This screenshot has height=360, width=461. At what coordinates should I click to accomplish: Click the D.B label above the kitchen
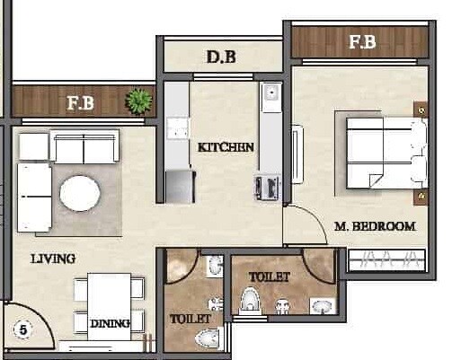[221, 58]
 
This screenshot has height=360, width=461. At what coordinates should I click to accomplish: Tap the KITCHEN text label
[226, 146]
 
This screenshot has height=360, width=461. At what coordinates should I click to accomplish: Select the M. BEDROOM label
[374, 226]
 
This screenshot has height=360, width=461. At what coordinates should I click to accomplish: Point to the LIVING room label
[53, 259]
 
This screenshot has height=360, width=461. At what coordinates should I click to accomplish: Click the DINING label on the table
[110, 322]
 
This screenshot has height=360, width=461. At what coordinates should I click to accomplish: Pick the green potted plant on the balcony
[138, 100]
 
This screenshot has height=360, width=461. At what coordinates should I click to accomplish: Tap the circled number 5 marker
[22, 329]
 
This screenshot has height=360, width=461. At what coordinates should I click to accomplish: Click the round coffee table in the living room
[80, 192]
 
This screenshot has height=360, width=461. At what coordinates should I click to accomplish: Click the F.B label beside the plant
[81, 102]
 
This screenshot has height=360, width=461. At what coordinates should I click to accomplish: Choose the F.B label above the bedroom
[362, 41]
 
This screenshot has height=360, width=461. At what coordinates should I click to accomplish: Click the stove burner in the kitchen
[268, 187]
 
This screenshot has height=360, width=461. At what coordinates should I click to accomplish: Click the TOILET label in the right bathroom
[269, 277]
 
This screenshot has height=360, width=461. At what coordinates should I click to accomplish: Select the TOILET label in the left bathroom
[191, 318]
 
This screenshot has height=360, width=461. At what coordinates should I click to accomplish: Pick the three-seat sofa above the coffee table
[84, 146]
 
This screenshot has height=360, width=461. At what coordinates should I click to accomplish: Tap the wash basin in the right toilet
[322, 306]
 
